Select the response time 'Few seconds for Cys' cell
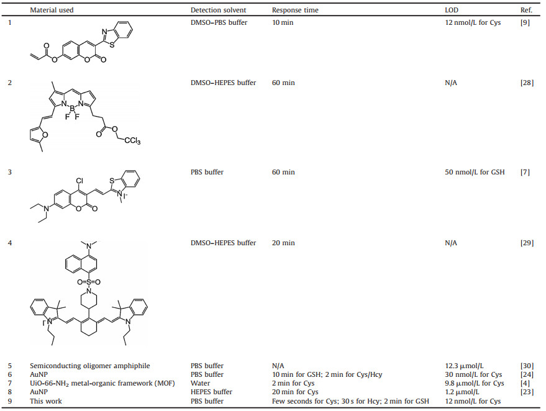click(x=350, y=401)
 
